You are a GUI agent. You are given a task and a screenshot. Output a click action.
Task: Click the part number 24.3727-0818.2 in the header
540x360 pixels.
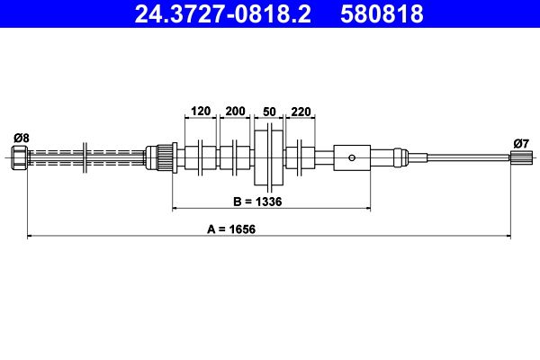(223, 14)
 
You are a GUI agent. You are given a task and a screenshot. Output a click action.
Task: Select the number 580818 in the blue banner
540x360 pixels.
(382, 14)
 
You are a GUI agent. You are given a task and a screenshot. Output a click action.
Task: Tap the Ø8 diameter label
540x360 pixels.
(22, 138)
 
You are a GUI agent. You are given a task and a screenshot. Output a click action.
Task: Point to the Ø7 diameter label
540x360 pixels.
(521, 143)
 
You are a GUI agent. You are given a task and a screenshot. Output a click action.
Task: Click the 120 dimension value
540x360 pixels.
(201, 111)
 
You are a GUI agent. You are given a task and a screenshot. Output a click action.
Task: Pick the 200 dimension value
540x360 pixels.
(235, 111)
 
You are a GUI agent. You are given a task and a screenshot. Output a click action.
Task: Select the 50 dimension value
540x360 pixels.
(269, 112)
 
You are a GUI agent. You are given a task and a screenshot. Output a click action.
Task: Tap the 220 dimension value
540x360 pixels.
(301, 112)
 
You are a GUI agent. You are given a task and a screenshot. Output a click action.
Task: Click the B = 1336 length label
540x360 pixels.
(257, 202)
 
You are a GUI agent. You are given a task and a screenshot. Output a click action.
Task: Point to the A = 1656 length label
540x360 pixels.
(231, 229)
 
